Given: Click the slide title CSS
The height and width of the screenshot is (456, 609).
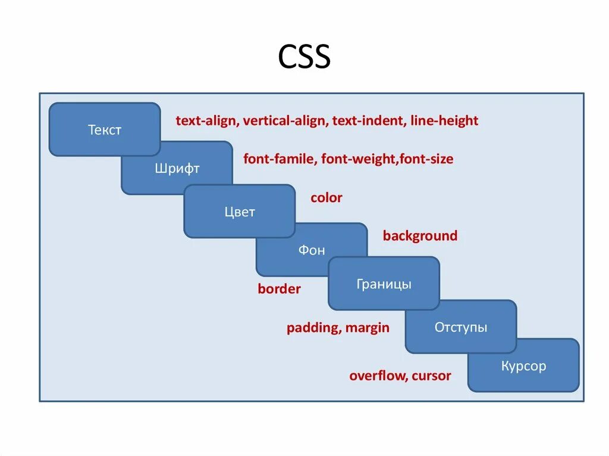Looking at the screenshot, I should (x=304, y=57).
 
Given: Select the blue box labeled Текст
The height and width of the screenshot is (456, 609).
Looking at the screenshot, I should (x=105, y=130).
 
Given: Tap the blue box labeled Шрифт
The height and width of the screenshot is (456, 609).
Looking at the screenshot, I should (x=177, y=168).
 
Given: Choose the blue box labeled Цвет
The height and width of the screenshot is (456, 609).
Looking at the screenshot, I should (x=240, y=212).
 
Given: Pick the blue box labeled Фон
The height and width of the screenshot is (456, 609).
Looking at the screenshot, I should (x=312, y=250).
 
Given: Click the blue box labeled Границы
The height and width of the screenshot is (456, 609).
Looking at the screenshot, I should (x=384, y=284).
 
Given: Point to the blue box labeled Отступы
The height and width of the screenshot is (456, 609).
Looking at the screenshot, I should (x=461, y=327).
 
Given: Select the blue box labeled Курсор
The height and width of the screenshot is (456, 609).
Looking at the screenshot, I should (x=523, y=366).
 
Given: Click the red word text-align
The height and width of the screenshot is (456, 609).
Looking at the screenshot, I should (x=207, y=121).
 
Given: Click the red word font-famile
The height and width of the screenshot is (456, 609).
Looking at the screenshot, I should (x=280, y=159).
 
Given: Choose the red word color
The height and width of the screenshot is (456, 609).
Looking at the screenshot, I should (x=327, y=197).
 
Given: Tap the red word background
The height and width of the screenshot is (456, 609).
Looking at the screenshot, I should (x=420, y=235).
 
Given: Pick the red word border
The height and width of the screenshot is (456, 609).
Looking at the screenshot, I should (x=279, y=289).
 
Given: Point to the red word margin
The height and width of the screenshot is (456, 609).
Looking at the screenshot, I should (x=367, y=328).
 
